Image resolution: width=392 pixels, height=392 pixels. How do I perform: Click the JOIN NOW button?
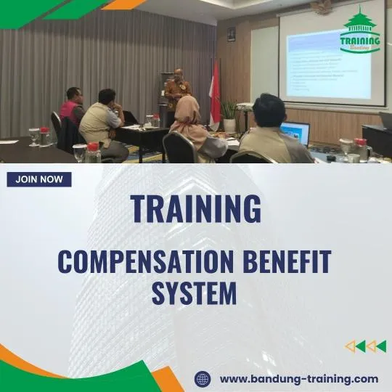pos(38,179)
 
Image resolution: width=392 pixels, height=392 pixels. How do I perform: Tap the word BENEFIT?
pos(289,261)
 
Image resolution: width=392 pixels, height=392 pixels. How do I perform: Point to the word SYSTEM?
pos(195,293)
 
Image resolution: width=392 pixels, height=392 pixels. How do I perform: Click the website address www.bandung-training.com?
pos(298,379)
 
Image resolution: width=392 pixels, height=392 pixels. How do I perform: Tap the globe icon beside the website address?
pos(203,379)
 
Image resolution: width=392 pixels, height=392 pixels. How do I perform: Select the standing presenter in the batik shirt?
pos(178,92)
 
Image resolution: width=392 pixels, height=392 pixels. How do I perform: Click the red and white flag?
pos(215,94)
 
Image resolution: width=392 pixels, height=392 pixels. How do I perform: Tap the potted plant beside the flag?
pos(229,112)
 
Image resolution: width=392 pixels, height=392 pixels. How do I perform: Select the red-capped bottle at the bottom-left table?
pos(93,152)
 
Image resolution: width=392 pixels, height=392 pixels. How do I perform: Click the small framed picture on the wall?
pos(231,33)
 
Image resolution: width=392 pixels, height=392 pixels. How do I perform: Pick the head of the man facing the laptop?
pos(269,110)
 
